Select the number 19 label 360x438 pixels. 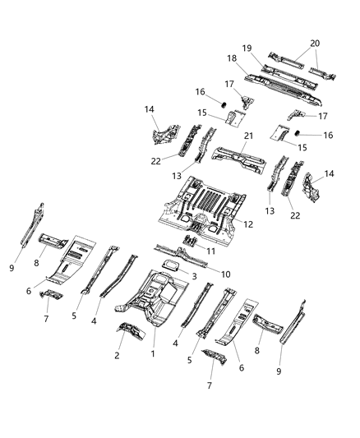[x=246, y=48]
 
